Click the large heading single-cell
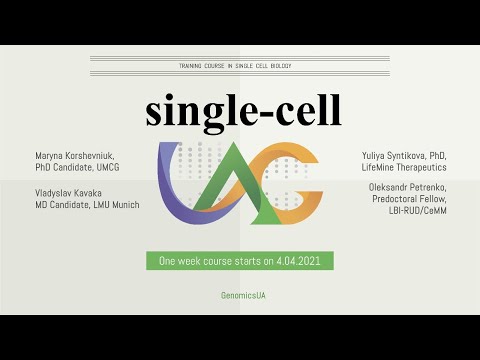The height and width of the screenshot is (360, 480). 242,111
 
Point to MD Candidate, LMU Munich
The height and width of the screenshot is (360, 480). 84,205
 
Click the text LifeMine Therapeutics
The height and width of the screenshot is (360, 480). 408,169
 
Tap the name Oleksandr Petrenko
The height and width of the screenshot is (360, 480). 408,193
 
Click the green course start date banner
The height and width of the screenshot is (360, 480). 239,261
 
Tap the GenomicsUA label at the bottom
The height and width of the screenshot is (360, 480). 241,296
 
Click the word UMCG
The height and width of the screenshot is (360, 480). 125,169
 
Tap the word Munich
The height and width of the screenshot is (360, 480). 123,205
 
